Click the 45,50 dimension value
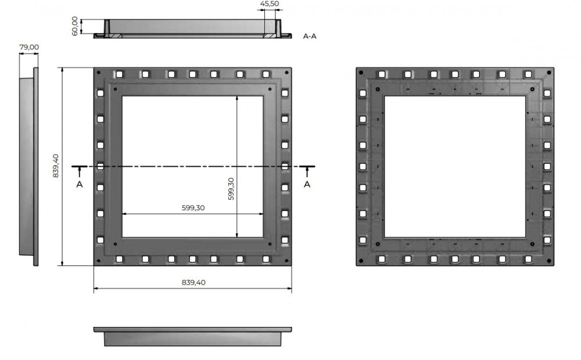269,5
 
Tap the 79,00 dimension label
29,47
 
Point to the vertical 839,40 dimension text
56,166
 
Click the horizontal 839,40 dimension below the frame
193,283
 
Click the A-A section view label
310,36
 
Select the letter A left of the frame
80,184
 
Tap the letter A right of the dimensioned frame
307,184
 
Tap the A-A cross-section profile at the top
193,29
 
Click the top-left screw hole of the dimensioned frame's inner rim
116,89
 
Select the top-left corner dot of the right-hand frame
361,73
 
